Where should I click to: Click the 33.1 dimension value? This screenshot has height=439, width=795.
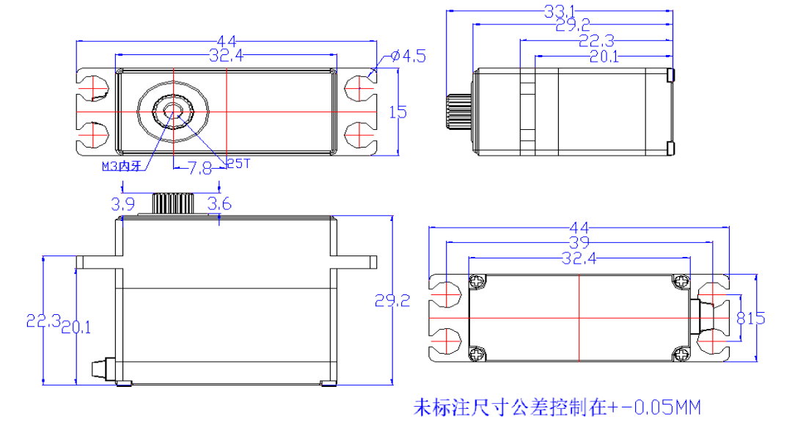point(560,11)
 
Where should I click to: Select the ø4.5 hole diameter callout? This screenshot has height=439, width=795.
point(408,56)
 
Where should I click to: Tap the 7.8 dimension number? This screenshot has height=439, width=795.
point(199,169)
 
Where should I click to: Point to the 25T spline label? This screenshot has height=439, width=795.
point(238,164)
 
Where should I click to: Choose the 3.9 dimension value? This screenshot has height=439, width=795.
point(122,203)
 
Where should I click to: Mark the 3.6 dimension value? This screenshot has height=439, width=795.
point(219,204)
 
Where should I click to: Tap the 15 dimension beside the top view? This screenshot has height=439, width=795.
point(397,112)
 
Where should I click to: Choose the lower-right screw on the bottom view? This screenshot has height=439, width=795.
point(681,355)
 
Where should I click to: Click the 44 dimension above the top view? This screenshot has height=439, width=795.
point(226,41)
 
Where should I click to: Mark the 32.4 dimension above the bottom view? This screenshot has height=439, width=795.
point(579,258)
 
